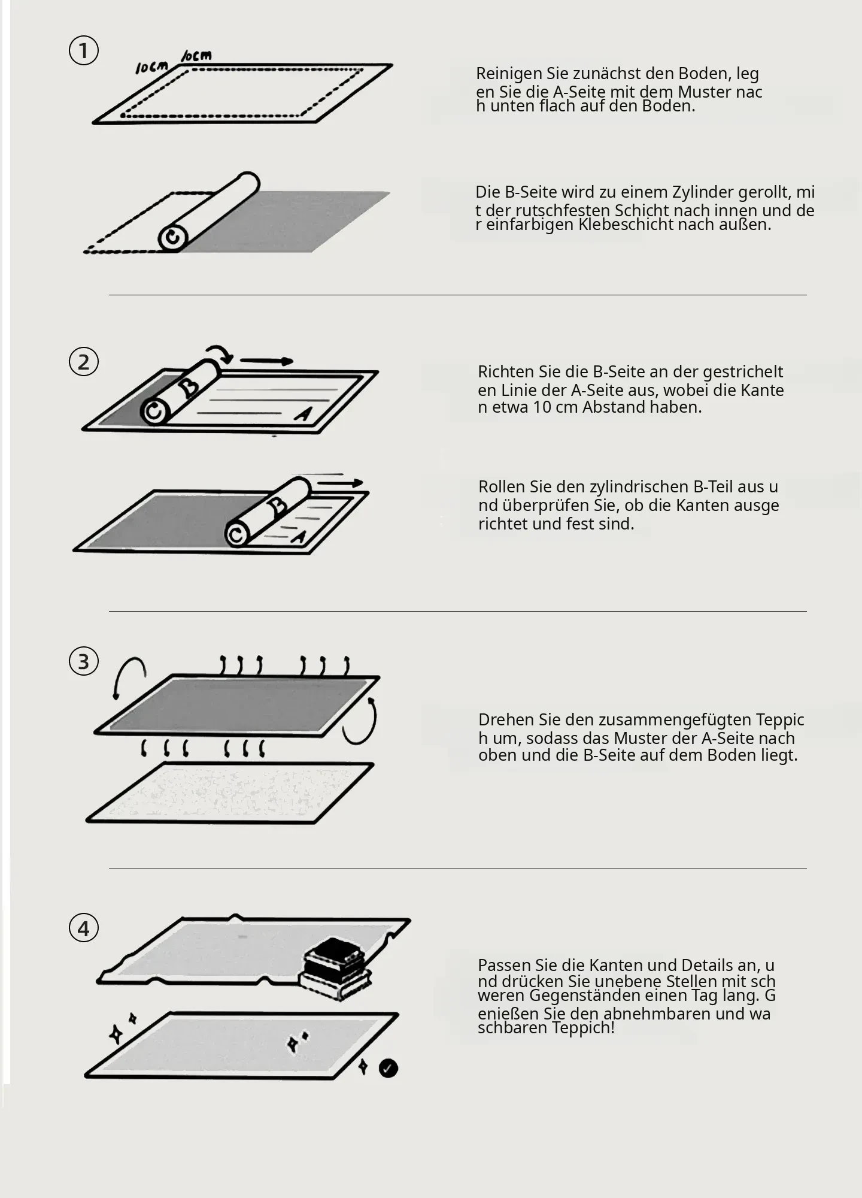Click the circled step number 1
click(84, 50)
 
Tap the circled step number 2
click(84, 362)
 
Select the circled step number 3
click(84, 661)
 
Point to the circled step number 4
click(84, 928)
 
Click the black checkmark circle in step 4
click(388, 1068)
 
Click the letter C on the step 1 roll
click(172, 238)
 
